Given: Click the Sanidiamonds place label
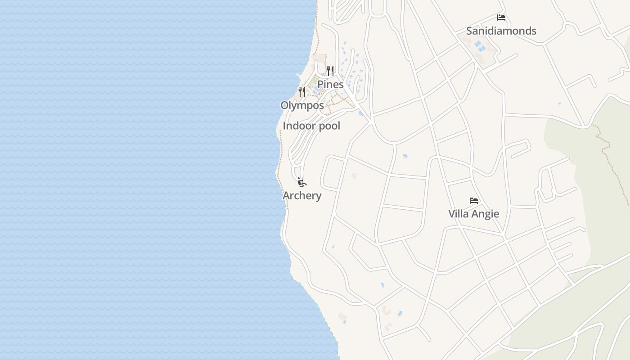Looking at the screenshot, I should point(501,31).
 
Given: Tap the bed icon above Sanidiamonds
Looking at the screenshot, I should point(501,18).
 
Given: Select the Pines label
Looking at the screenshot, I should point(330,85).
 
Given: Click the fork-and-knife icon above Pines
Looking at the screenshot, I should point(330,71).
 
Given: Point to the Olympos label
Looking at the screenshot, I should point(302,105).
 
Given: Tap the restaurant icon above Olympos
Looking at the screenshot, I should point(302,92).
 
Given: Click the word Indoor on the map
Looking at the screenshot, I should point(297,126).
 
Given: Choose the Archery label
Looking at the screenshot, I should point(302,196).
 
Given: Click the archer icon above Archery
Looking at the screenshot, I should point(302,182).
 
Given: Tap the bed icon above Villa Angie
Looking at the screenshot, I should point(473,201).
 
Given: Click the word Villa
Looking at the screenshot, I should point(458,214).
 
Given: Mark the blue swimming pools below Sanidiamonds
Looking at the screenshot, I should point(478,45).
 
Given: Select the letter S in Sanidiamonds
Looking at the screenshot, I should point(469,31).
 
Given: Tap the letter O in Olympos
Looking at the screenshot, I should point(284,105).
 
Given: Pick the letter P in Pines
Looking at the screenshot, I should point(320,85).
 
